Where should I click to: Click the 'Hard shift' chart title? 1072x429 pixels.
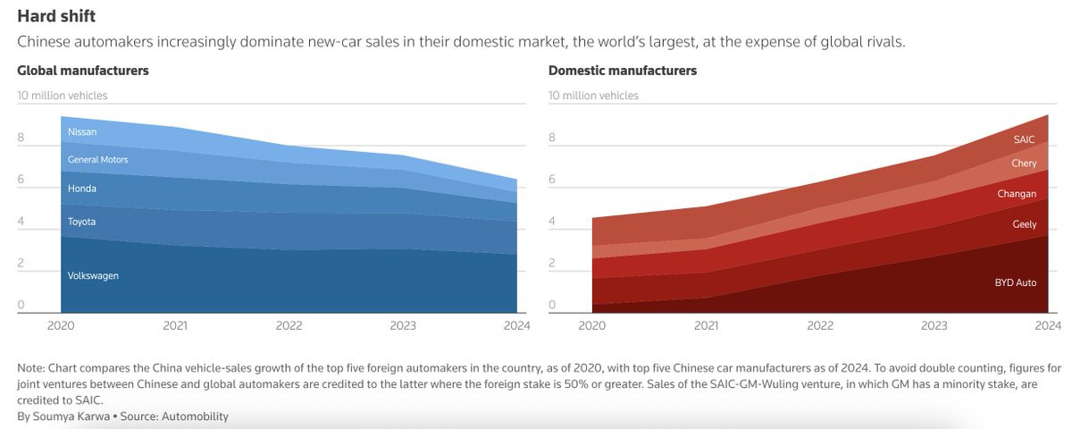pos(56,16)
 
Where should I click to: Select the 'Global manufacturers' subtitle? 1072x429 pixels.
pos(83,71)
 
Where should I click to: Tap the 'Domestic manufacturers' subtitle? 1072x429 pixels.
pos(622,71)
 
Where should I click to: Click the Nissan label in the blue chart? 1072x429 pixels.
pos(82,132)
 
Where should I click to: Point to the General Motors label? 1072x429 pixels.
pos(98,160)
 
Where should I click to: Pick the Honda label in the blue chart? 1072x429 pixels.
pos(82,189)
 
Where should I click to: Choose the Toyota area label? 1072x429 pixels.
pos(81,222)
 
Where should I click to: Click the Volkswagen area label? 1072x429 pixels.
pos(93,276)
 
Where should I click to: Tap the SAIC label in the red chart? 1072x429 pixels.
pos(1025,139)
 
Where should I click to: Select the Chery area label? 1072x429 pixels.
pos(1024,164)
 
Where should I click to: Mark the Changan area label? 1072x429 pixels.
pos(1017,194)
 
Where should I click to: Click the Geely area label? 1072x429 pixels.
pos(1024,224)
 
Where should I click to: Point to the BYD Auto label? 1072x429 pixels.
pos(1016,282)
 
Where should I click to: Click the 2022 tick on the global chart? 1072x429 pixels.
pos(289,326)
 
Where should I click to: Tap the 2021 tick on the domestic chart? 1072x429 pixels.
pos(707,326)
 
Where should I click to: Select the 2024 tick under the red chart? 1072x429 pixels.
pos(1048,326)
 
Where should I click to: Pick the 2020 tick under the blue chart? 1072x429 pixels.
pos(62,326)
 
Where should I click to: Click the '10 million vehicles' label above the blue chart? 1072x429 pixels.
pos(63,96)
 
